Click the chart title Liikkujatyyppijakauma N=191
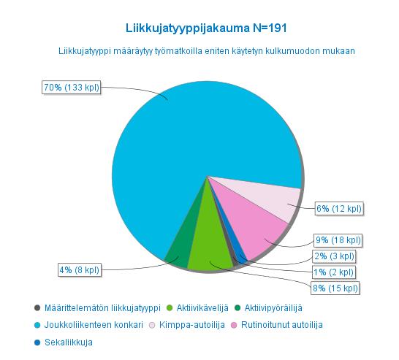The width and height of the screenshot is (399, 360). [206, 28]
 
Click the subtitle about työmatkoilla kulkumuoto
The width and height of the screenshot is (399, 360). [207, 51]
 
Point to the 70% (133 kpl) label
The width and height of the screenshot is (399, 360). [72, 88]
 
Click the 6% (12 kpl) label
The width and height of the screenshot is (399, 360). [339, 209]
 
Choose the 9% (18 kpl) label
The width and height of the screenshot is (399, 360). [338, 240]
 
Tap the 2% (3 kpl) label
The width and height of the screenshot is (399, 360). [335, 256]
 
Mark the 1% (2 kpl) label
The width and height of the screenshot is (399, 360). [334, 272]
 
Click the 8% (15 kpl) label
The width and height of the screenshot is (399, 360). [335, 288]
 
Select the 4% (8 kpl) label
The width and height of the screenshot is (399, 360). [80, 269]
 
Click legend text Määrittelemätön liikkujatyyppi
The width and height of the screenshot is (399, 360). [102, 308]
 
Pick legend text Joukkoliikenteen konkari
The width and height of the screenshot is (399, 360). [94, 325]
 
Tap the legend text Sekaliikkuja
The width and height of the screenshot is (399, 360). [69, 342]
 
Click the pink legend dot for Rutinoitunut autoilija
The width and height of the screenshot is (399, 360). [234, 325]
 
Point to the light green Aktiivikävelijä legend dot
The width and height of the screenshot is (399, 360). [170, 308]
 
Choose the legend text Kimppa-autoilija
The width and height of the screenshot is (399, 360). [192, 325]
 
